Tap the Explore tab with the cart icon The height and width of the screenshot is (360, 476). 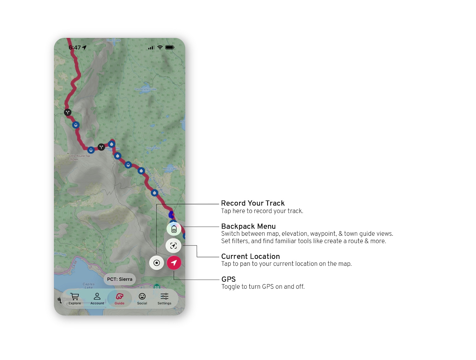pyautogui.click(x=75, y=299)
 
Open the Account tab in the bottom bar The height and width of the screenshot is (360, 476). pyautogui.click(x=97, y=299)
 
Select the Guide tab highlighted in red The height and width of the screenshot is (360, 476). pyautogui.click(x=119, y=299)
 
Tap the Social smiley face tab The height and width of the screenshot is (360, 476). pyautogui.click(x=142, y=299)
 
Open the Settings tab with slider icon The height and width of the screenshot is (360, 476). pyautogui.click(x=164, y=299)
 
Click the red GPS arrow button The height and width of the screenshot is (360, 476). pyautogui.click(x=174, y=263)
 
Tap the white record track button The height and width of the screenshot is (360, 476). pyautogui.click(x=156, y=263)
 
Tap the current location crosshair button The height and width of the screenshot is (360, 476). pyautogui.click(x=174, y=245)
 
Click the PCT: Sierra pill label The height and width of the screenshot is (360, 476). pyautogui.click(x=120, y=279)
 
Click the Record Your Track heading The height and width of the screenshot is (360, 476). pyautogui.click(x=253, y=203)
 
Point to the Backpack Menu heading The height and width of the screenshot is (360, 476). pyautogui.click(x=248, y=226)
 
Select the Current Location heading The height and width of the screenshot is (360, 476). pyautogui.click(x=250, y=256)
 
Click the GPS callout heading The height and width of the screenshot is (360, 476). pyautogui.click(x=228, y=279)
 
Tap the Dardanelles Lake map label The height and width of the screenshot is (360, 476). pyautogui.click(x=145, y=89)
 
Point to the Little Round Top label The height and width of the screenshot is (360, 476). pyautogui.click(x=79, y=156)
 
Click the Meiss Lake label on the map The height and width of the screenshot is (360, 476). pyautogui.click(x=169, y=169)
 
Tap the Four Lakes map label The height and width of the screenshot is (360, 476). pyautogui.click(x=153, y=148)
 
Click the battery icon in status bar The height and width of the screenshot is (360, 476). pyautogui.click(x=170, y=48)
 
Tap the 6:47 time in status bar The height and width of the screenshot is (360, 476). pyautogui.click(x=75, y=48)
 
